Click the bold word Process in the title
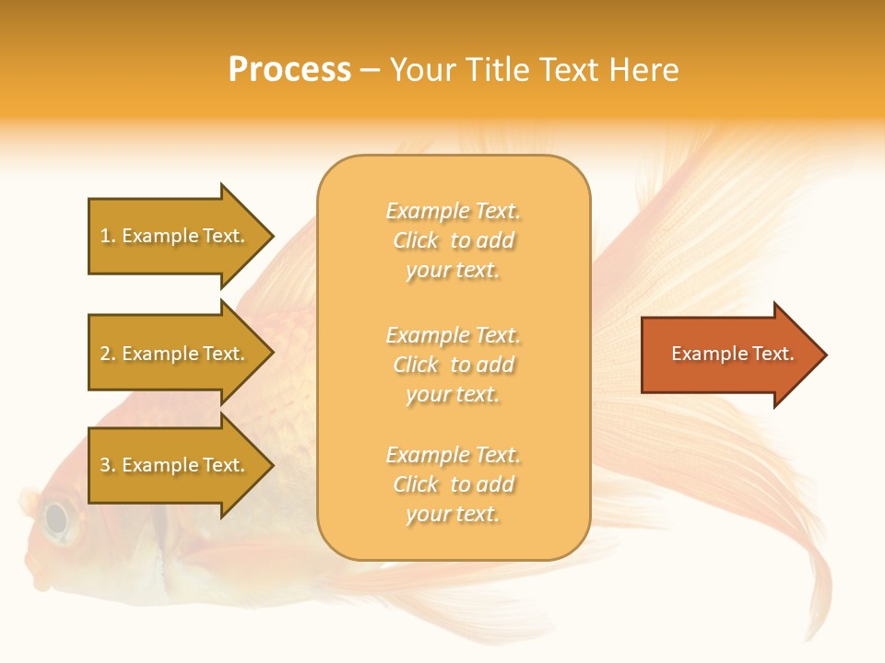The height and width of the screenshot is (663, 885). click(289, 70)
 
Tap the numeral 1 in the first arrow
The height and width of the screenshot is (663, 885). click(105, 237)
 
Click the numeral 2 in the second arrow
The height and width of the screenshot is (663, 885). click(105, 355)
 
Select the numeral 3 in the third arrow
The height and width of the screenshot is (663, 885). click(105, 466)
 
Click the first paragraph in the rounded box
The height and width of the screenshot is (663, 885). click(453, 240)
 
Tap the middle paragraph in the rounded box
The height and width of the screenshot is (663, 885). click(453, 365)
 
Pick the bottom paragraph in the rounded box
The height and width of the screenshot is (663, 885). click(453, 484)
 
